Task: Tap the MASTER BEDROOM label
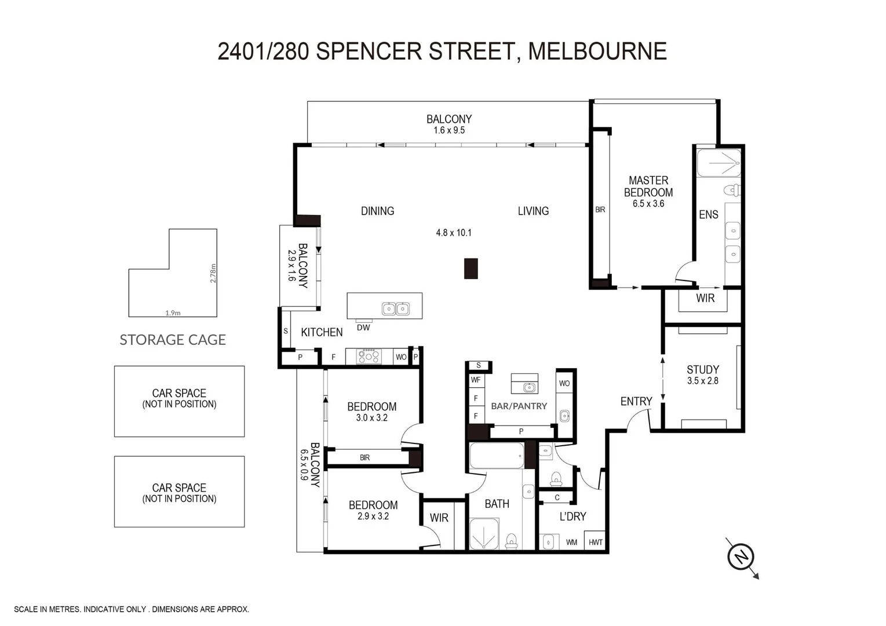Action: point(648,187)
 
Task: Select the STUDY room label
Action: point(702,369)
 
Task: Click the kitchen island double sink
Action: point(396,309)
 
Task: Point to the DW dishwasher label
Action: point(363,327)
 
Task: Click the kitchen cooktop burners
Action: point(369,356)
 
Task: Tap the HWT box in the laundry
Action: point(595,543)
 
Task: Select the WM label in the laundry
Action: point(571,543)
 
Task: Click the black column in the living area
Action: point(471,268)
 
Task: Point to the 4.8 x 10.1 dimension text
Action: point(454,232)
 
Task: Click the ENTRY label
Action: point(636,401)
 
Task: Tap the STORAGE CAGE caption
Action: point(173,340)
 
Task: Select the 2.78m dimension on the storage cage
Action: point(213,273)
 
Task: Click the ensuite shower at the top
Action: point(719,163)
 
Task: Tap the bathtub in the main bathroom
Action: point(497,456)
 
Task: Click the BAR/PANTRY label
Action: point(519,406)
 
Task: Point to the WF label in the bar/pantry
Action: point(476,380)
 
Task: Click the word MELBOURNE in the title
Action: point(597,51)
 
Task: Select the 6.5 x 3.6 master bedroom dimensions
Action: point(648,204)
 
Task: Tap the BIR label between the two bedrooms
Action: point(364,458)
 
